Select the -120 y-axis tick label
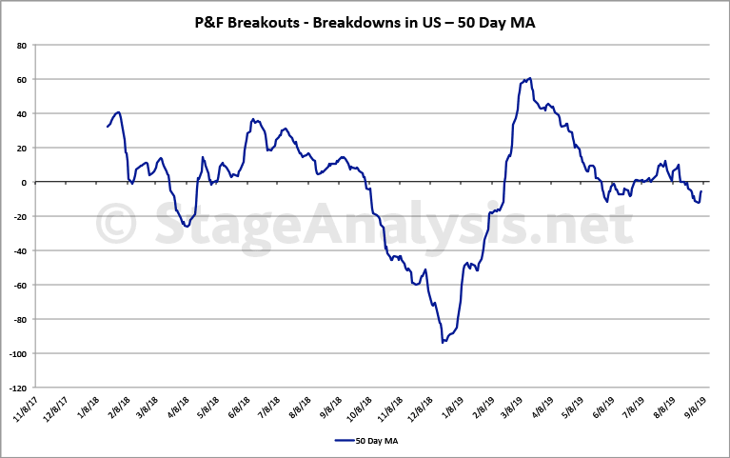coord(18,388)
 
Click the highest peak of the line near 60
coord(530,78)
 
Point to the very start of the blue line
coord(108,127)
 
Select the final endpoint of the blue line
coord(701,191)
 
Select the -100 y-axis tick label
coord(18,354)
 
